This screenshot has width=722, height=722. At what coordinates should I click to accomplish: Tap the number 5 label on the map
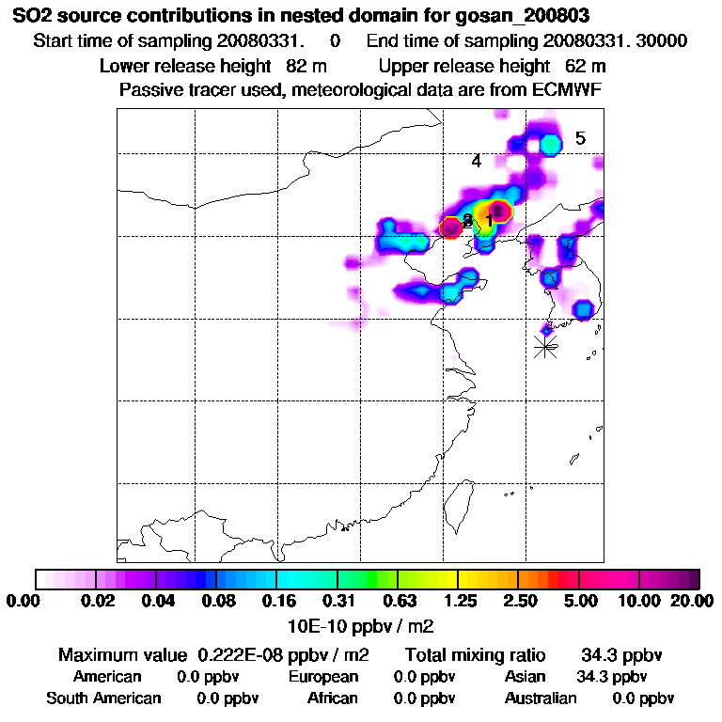coord(580,138)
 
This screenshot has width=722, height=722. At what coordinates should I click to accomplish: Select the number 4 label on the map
coord(477,161)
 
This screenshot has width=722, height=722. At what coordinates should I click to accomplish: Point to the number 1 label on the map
coord(489,220)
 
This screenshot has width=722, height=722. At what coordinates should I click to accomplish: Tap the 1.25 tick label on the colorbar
coord(460,602)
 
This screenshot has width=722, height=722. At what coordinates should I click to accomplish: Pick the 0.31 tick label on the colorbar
coord(339,602)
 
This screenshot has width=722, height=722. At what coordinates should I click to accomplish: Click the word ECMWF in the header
coord(572,90)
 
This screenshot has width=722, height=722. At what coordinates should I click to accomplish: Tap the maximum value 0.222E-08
coord(243,655)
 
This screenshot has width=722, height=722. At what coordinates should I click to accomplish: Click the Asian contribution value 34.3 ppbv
coord(611,677)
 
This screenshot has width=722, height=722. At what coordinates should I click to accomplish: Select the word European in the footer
coord(323,677)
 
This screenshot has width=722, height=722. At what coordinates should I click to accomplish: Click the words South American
coord(103,698)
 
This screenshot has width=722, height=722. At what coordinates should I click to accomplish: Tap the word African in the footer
coord(332,698)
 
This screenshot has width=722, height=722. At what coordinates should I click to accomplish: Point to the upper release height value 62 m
coord(586,66)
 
